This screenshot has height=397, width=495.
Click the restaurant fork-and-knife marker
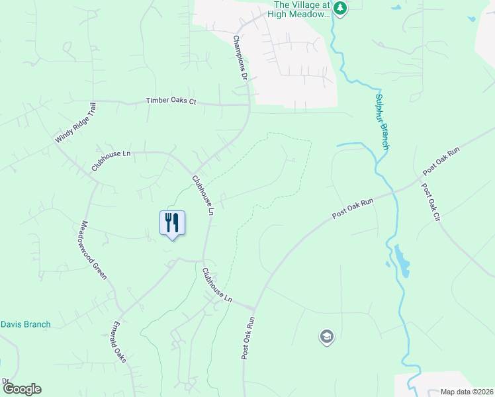click(x=172, y=223)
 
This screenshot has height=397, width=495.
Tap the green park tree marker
click(x=340, y=9)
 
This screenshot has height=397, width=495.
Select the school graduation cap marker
click(x=326, y=337)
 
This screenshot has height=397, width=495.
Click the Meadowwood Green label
click(x=93, y=249)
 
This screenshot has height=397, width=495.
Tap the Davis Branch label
click(x=25, y=324)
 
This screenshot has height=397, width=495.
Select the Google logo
click(x=21, y=389)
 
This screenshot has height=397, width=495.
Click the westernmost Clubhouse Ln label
click(x=111, y=161)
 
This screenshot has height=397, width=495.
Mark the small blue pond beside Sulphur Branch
click(x=402, y=262)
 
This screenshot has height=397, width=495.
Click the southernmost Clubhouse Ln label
click(x=217, y=285)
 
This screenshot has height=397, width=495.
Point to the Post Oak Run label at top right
click(x=440, y=159)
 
